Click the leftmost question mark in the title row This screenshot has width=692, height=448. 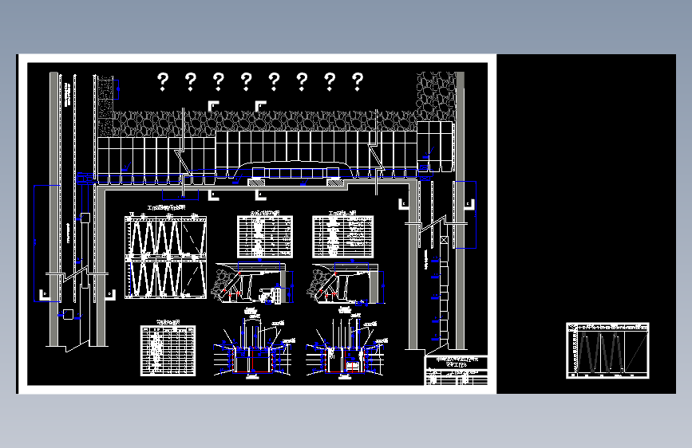point(163,81)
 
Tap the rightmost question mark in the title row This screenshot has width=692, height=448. point(358,81)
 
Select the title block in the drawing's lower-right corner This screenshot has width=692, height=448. point(456,370)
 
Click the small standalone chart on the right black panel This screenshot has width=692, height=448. point(607,351)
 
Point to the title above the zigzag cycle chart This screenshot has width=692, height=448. point(165,210)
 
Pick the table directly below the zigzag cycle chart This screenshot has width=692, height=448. point(168,349)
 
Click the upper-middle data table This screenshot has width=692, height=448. point(265,237)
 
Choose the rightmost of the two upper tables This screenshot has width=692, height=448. point(342,237)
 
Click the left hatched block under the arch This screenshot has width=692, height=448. point(257,183)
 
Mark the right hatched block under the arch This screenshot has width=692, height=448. point(334,183)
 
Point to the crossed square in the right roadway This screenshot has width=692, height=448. point(443,240)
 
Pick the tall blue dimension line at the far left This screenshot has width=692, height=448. point(35,243)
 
